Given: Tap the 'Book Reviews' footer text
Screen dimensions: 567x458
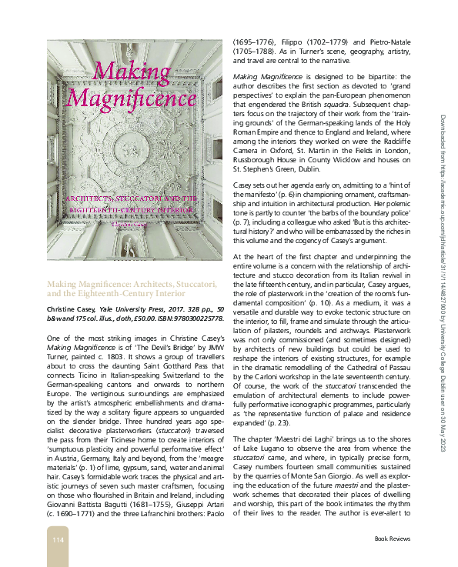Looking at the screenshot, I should click(392, 539).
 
